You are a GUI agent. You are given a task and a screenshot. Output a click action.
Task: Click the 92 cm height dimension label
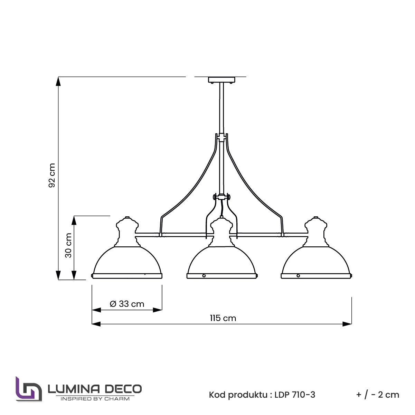coord(52,175)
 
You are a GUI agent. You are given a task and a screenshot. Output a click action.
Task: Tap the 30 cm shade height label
coord(68,246)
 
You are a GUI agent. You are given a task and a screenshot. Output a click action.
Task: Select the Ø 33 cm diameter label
coord(127,304)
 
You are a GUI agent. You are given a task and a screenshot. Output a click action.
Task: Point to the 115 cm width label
coord(223,318)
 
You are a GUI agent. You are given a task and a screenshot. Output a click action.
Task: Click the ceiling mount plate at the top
coord(221,80)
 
